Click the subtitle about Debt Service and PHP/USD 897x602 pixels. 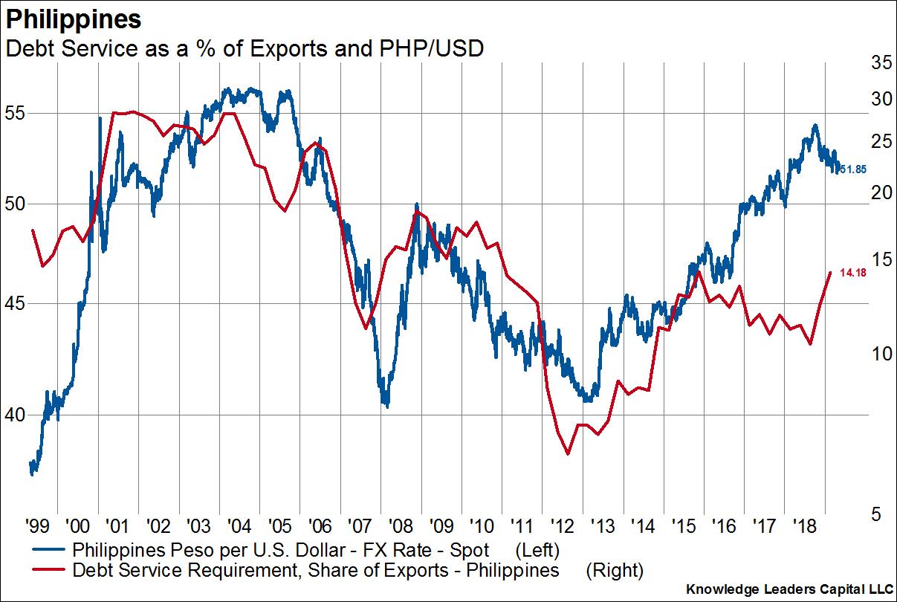click(245, 48)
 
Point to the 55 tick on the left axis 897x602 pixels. click(16, 114)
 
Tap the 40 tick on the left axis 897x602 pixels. click(16, 414)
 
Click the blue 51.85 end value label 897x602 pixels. click(852, 169)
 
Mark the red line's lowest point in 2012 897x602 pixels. click(569, 453)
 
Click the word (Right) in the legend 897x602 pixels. click(614, 571)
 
